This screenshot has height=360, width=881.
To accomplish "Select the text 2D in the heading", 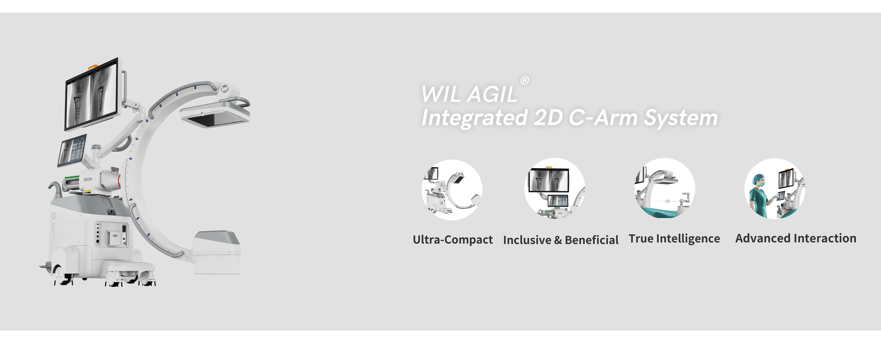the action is pos(548,118).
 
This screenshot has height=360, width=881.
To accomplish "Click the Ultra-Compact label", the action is pos(453,240).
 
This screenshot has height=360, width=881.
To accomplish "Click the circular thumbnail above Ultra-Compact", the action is pos(452,190).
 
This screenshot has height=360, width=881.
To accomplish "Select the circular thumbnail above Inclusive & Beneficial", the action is pos(555,188).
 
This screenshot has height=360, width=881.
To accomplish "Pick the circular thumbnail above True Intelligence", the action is pos(665,188).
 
